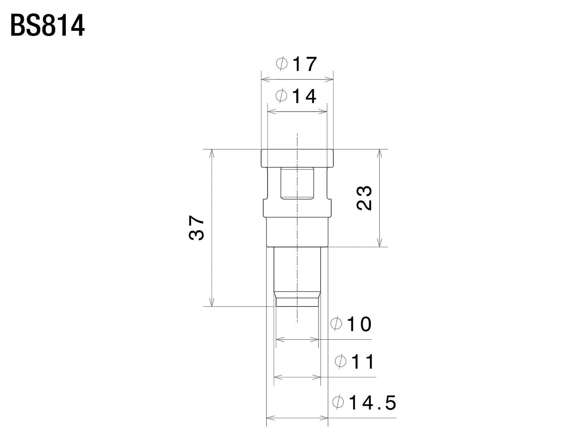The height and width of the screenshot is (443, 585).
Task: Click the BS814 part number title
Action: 47,26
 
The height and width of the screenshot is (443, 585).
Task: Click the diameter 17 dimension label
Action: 296,64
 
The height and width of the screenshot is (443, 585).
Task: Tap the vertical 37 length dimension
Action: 196,228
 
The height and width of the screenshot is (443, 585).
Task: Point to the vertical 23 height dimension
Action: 364,198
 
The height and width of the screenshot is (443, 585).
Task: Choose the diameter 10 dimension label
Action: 351,324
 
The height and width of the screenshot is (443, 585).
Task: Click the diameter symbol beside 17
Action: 282,64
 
